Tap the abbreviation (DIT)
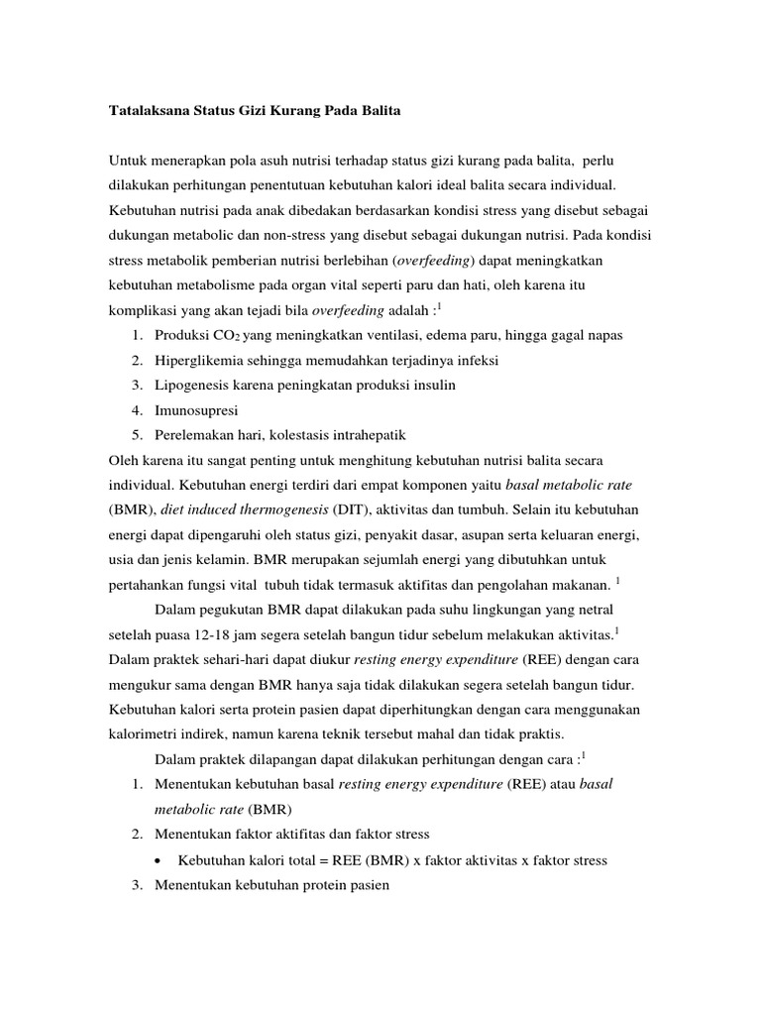coord(351,508)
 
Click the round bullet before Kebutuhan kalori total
coord(160,860)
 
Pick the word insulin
coord(433,385)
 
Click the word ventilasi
coord(399,335)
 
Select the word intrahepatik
coord(358,434)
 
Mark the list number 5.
coord(134,434)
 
